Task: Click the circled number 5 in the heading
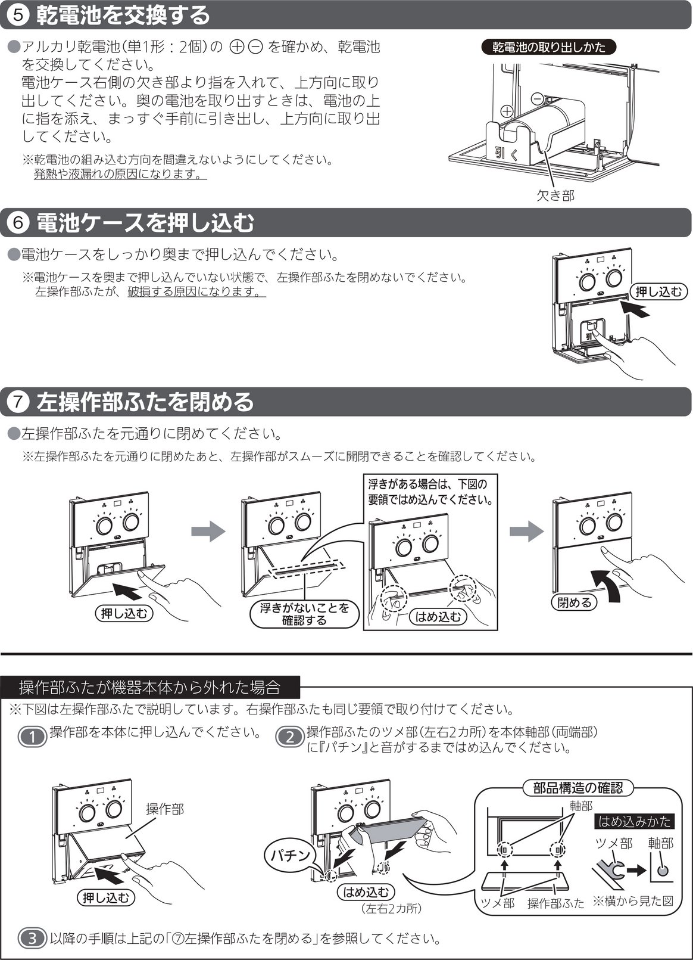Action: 17,15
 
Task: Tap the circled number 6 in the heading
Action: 17,222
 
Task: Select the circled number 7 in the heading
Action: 17,402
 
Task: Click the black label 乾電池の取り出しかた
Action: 549,46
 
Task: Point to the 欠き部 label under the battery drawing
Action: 555,195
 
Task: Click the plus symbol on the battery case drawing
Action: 507,111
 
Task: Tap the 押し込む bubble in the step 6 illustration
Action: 658,292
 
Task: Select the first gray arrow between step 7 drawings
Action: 208,532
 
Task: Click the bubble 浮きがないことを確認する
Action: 304,614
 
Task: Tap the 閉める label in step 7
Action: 574,602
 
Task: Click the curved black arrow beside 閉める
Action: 608,585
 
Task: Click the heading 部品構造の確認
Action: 577,788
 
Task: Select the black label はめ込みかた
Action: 634,821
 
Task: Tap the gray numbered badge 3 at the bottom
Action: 32,939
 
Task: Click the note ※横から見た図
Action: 633,901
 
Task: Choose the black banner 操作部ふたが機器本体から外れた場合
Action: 150,688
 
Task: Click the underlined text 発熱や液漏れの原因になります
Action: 120,174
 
